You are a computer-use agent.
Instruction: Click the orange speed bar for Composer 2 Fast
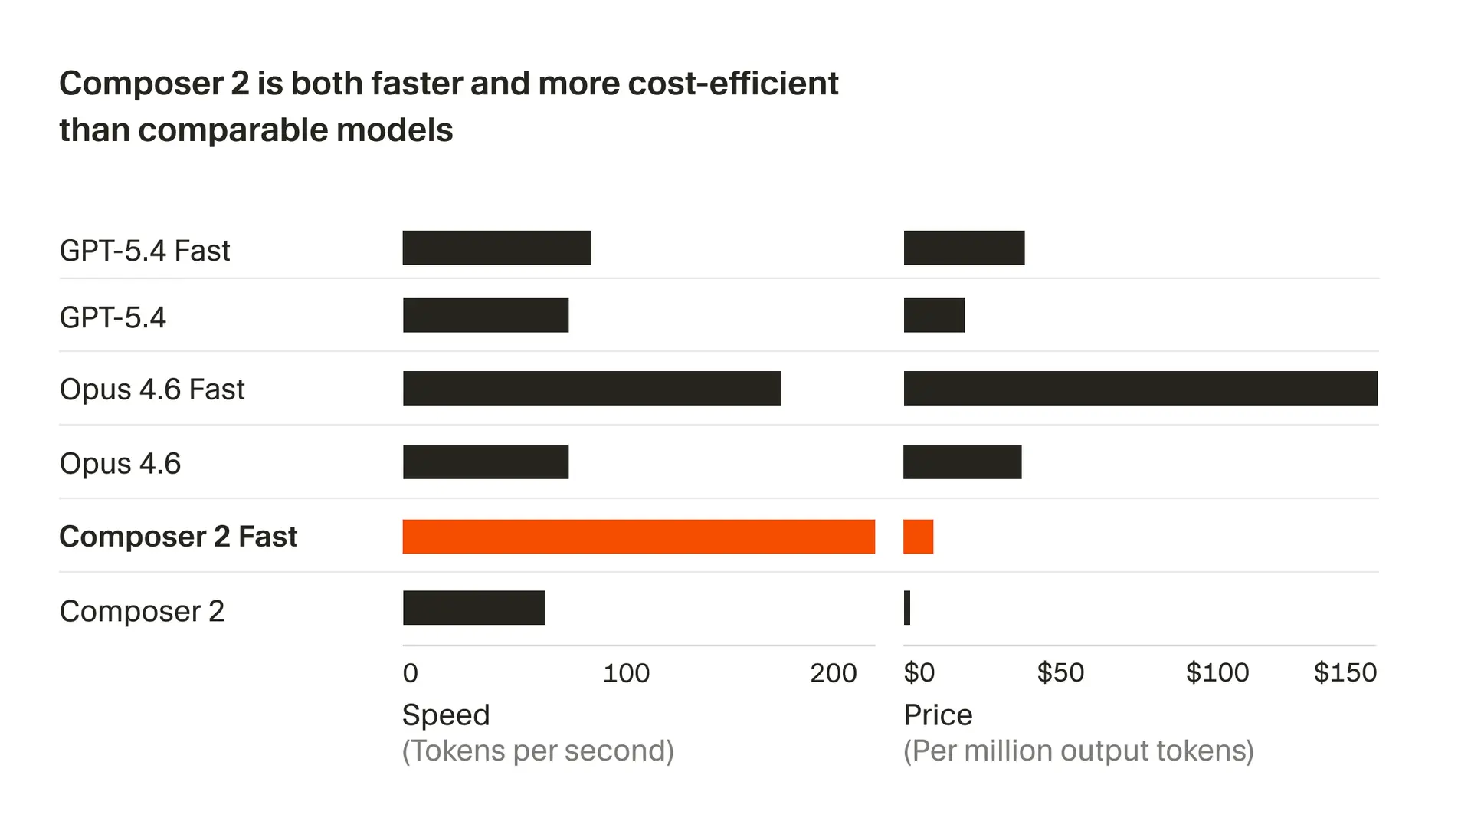coord(638,537)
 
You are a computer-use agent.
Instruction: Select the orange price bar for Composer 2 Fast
coord(918,537)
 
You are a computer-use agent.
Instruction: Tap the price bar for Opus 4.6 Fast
coord(1140,388)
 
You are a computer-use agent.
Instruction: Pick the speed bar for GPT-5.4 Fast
coord(496,248)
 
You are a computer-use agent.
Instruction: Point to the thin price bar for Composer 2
coord(907,608)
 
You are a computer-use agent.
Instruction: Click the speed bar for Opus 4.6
coord(486,462)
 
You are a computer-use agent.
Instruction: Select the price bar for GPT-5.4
coord(934,315)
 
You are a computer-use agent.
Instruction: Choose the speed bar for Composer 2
coord(473,608)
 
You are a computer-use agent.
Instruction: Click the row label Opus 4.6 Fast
coord(152,389)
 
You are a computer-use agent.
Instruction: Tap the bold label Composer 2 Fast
coord(178,537)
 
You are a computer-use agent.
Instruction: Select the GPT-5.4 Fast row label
coord(144,251)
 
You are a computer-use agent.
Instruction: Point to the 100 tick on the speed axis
coord(626,673)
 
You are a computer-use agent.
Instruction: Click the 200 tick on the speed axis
coord(833,673)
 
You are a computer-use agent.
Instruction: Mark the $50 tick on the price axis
coord(1060,672)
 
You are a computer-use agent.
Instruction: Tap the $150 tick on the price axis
coord(1345,672)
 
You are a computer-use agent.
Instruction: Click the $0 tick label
coord(919,672)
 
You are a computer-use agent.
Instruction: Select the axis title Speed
coord(446,715)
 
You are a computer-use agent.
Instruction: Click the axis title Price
coord(938,715)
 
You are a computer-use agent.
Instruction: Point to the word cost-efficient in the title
coord(733,83)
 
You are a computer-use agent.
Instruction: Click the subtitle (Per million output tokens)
coord(1078,751)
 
